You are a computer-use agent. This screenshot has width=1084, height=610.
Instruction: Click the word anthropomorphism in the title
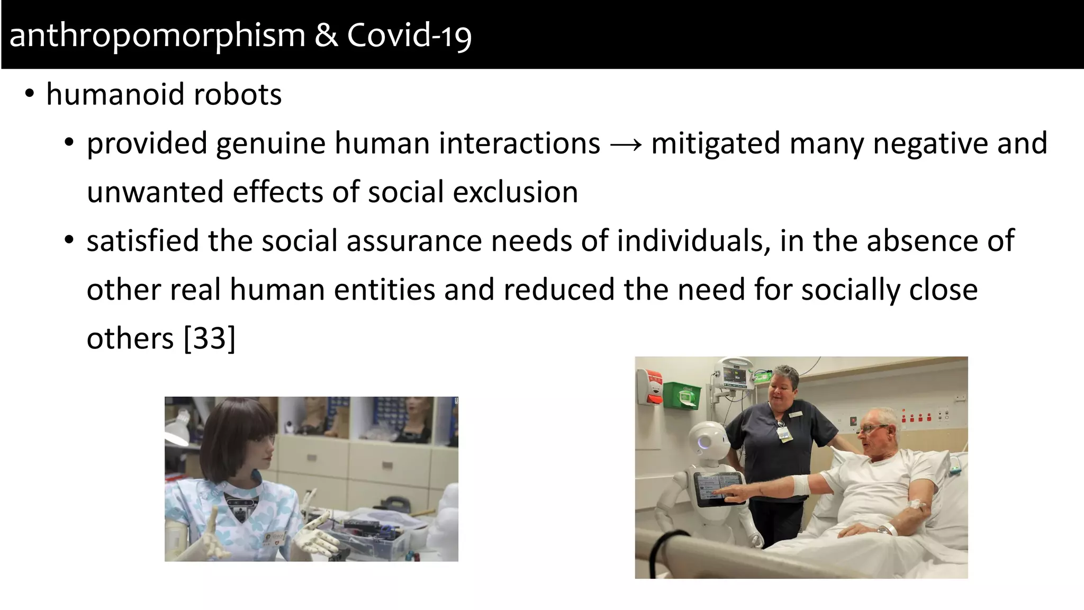(x=157, y=36)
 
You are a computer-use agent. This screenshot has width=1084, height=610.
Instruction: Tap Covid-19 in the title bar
(x=409, y=36)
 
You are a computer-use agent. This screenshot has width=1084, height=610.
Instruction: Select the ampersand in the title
(x=326, y=36)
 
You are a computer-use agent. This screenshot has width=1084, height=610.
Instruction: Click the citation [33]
(x=209, y=338)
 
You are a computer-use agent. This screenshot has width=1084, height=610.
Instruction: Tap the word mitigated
(x=716, y=144)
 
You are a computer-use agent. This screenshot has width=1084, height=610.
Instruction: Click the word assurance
(x=414, y=241)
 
